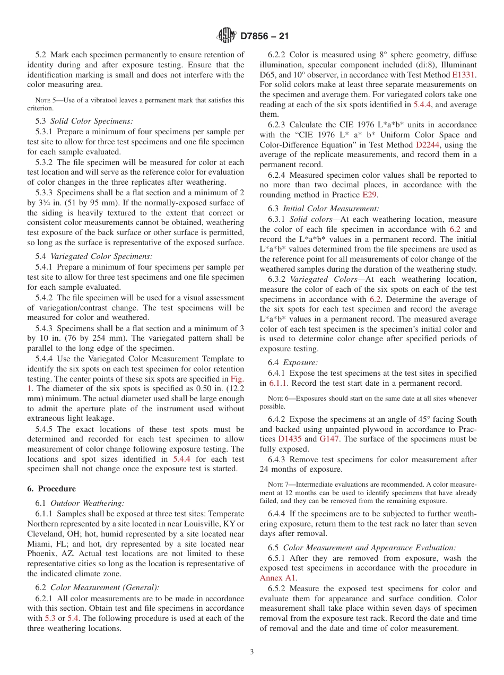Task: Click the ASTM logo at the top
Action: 227,36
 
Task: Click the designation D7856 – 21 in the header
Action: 264,37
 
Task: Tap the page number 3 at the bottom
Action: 251,652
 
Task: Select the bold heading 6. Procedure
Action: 51,489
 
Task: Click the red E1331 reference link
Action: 464,75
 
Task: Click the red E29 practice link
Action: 369,195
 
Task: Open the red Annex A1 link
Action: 278,578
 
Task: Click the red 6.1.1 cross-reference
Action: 279,383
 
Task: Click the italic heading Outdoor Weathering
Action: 88,503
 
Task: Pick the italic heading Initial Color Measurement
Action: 331,209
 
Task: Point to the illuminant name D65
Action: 270,75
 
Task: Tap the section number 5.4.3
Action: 46,328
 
